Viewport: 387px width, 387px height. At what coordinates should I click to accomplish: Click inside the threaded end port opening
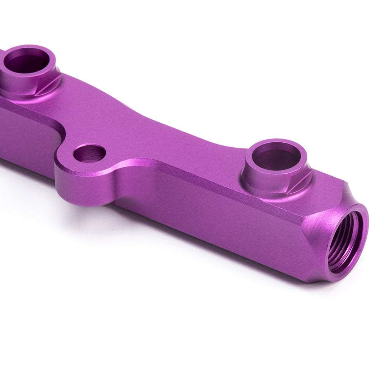[342, 242]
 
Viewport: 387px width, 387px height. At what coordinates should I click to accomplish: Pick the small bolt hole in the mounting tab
[89, 153]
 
